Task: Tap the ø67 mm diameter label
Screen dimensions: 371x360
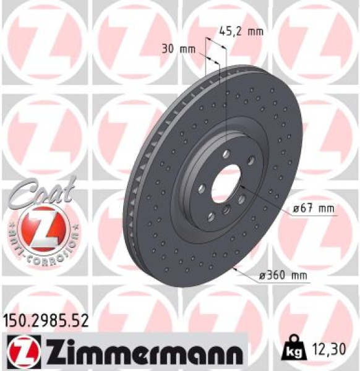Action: coord(313,209)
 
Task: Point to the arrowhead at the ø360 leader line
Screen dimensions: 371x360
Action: coord(236,269)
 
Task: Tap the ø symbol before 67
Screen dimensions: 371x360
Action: coord(297,209)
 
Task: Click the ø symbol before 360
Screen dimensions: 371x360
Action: coord(263,275)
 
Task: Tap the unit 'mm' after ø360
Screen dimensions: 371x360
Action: coord(298,275)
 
